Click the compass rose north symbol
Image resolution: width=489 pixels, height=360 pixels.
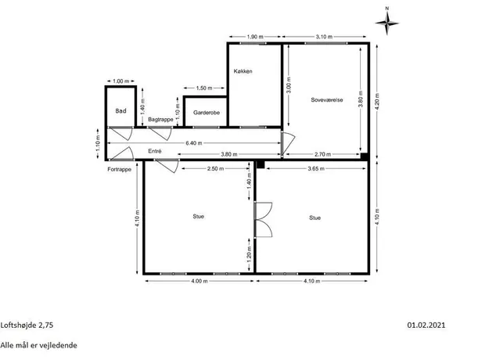pyautogui.click(x=387, y=22)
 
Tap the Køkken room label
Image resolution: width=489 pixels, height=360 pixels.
pyautogui.click(x=243, y=71)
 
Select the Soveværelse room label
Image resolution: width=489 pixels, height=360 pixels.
pyautogui.click(x=327, y=100)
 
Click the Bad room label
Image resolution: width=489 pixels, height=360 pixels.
pyautogui.click(x=120, y=111)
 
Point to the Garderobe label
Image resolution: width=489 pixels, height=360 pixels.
pyautogui.click(x=207, y=113)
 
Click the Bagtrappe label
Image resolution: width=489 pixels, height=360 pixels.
pyautogui.click(x=160, y=120)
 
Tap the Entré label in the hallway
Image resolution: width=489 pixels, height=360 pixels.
pyautogui.click(x=155, y=151)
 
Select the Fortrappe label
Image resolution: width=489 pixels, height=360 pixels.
pyautogui.click(x=120, y=169)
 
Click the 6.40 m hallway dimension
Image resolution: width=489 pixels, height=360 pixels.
pyautogui.click(x=194, y=143)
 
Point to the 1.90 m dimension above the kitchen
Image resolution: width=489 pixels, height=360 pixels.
pyautogui.click(x=255, y=37)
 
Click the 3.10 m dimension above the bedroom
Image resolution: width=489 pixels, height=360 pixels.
pyautogui.click(x=324, y=37)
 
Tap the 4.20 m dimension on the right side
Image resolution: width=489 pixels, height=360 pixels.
pyautogui.click(x=377, y=102)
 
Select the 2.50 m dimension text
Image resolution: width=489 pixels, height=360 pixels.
pyautogui.click(x=215, y=169)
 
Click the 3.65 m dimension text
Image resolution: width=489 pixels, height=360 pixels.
pyautogui.click(x=316, y=169)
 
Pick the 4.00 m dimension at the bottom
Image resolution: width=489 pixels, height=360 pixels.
pyautogui.click(x=200, y=281)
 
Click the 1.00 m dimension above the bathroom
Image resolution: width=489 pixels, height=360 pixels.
pyautogui.click(x=121, y=81)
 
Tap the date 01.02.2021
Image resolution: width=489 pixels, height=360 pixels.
pyautogui.click(x=426, y=325)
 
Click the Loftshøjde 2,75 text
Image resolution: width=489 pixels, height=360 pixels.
pyautogui.click(x=27, y=326)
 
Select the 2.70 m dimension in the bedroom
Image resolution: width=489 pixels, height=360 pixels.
pyautogui.click(x=323, y=154)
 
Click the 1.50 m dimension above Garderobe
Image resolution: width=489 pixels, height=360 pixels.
pyautogui.click(x=204, y=88)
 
